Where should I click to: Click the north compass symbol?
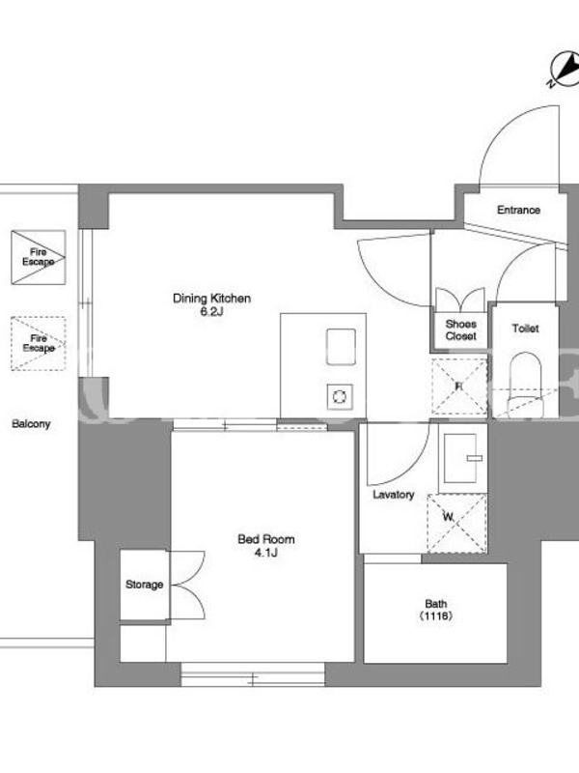(x=565, y=70)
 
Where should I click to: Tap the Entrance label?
(x=518, y=210)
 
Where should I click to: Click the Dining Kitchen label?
(x=211, y=299)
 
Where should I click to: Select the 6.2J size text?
(x=211, y=311)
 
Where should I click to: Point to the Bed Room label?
(x=266, y=539)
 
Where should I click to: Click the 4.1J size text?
(x=266, y=553)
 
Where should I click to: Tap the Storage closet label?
(x=144, y=585)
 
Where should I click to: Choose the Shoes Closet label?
(x=461, y=330)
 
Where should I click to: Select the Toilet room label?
(x=525, y=329)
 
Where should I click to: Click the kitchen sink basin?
(x=341, y=347)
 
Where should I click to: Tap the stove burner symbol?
(x=340, y=396)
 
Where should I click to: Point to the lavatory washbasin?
(x=461, y=458)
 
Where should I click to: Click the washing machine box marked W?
(x=456, y=524)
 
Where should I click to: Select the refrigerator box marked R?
(x=459, y=386)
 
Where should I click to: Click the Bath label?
(x=436, y=604)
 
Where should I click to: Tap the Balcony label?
(x=31, y=424)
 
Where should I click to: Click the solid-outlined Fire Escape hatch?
(x=39, y=257)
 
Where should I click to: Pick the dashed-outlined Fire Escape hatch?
(x=39, y=344)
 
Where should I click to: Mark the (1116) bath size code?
(x=436, y=616)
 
